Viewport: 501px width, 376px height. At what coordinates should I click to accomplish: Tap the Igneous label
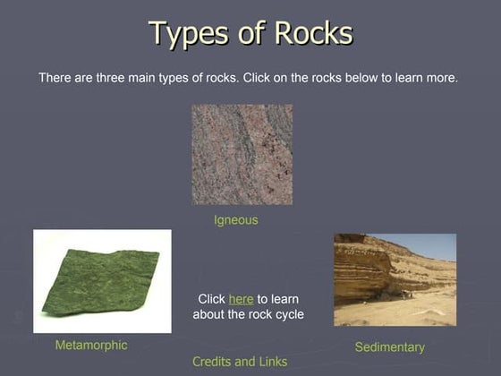(x=236, y=220)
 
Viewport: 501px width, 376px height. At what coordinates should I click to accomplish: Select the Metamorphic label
(x=91, y=346)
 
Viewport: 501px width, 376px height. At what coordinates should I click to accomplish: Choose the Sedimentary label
(x=389, y=346)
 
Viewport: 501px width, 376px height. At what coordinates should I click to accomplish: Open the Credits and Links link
(x=240, y=362)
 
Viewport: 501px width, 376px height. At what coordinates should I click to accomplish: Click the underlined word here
(x=241, y=299)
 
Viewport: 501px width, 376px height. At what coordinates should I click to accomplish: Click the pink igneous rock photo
(x=242, y=154)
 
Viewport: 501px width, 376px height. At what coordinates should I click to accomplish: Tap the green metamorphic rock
(x=100, y=282)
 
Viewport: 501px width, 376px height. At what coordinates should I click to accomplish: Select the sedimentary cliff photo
(x=395, y=279)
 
